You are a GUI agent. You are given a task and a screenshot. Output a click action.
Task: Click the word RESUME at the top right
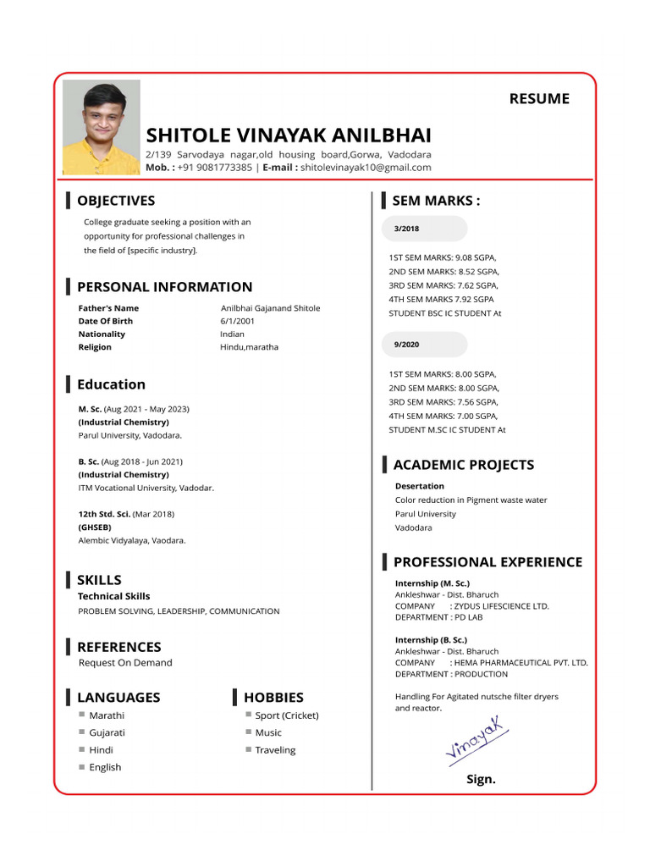click(x=538, y=98)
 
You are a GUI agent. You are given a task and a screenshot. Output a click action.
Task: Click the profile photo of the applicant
click(x=102, y=127)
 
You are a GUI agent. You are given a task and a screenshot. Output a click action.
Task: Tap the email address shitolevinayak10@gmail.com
click(x=366, y=168)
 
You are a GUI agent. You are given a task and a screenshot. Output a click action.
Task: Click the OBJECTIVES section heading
click(x=116, y=201)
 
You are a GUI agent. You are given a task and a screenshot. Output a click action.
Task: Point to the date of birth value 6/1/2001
click(x=237, y=321)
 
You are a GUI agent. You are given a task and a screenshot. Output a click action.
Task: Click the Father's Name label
click(x=108, y=308)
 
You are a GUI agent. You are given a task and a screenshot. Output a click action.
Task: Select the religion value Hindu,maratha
click(x=249, y=347)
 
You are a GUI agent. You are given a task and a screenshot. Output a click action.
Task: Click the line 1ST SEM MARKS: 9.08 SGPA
click(x=443, y=257)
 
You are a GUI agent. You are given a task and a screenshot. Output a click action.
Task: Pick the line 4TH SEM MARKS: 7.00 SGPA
click(x=443, y=416)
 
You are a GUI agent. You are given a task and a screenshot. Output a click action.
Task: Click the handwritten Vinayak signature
click(x=476, y=739)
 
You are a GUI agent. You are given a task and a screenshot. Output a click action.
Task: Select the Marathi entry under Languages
click(x=107, y=715)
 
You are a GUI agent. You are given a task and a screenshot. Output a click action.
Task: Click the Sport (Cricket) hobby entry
click(x=287, y=715)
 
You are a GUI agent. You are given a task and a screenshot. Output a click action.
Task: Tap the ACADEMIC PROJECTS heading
click(x=463, y=465)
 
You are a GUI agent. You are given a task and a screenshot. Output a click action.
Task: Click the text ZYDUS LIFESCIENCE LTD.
click(x=501, y=606)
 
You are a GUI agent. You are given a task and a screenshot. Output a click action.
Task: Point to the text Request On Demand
click(x=125, y=663)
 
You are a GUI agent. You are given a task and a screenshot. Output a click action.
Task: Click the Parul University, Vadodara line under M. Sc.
click(x=129, y=435)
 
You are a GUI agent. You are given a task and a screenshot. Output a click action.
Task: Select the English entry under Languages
click(x=105, y=767)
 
